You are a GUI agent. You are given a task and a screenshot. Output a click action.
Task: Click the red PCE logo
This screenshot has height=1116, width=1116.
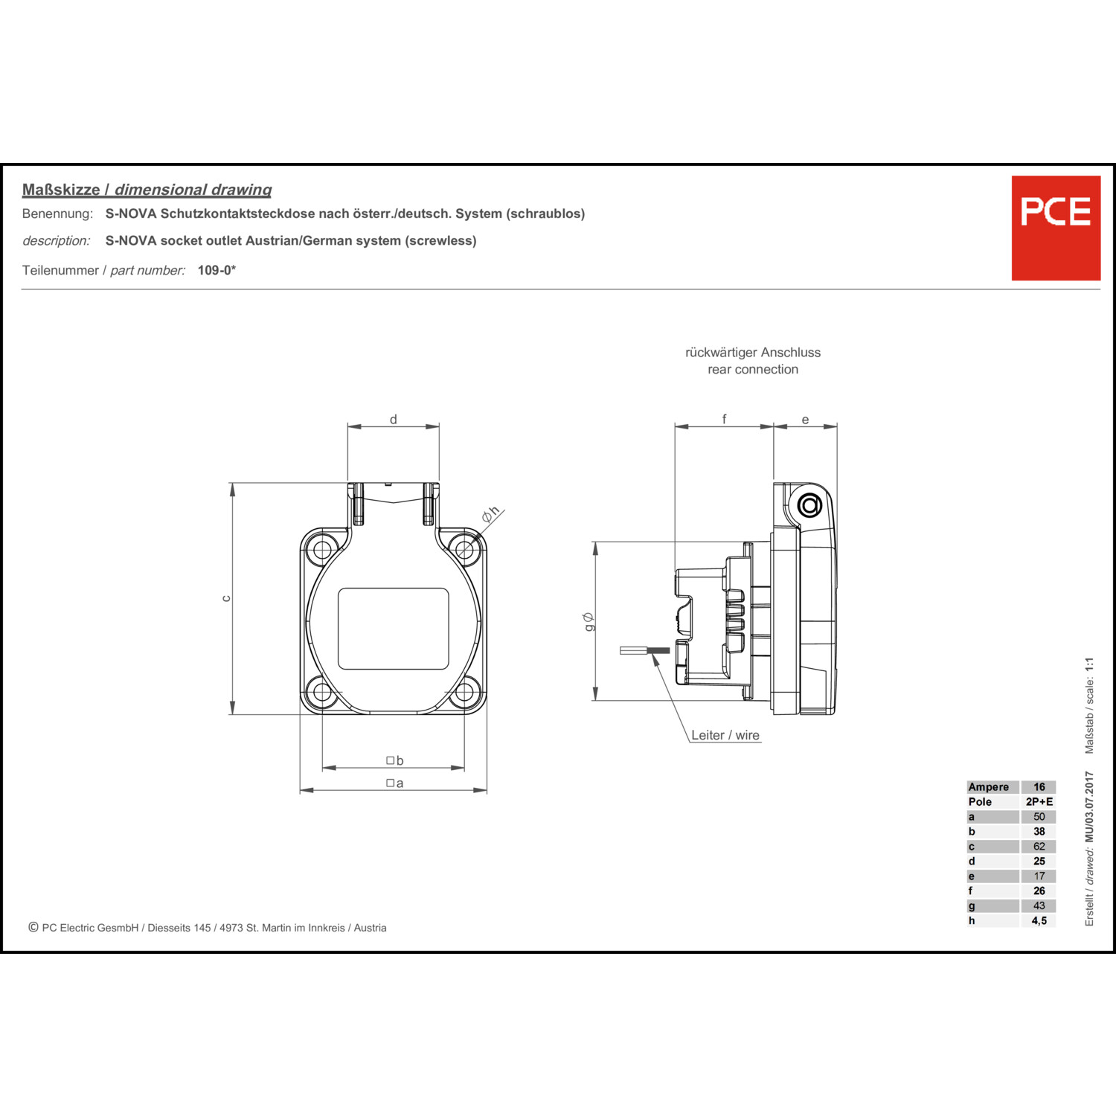point(1056,228)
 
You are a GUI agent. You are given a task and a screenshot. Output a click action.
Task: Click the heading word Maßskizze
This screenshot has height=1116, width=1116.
point(61,190)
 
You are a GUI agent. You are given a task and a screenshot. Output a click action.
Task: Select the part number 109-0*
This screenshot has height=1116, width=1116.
point(217,270)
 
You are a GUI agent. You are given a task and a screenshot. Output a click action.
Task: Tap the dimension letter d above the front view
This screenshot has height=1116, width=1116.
point(394,420)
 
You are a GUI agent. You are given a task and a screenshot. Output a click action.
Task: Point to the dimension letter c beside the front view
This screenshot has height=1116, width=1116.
point(226,598)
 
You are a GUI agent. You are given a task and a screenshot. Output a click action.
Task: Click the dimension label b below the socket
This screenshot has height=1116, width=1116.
point(395,760)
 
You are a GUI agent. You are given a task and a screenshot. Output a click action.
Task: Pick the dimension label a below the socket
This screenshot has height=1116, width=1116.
point(395,783)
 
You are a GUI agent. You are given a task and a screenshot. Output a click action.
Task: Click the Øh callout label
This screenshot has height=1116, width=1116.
point(490,513)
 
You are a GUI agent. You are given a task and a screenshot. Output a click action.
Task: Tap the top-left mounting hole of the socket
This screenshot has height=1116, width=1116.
point(322,550)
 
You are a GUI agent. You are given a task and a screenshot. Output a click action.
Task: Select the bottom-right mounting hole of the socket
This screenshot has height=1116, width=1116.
point(464,692)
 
